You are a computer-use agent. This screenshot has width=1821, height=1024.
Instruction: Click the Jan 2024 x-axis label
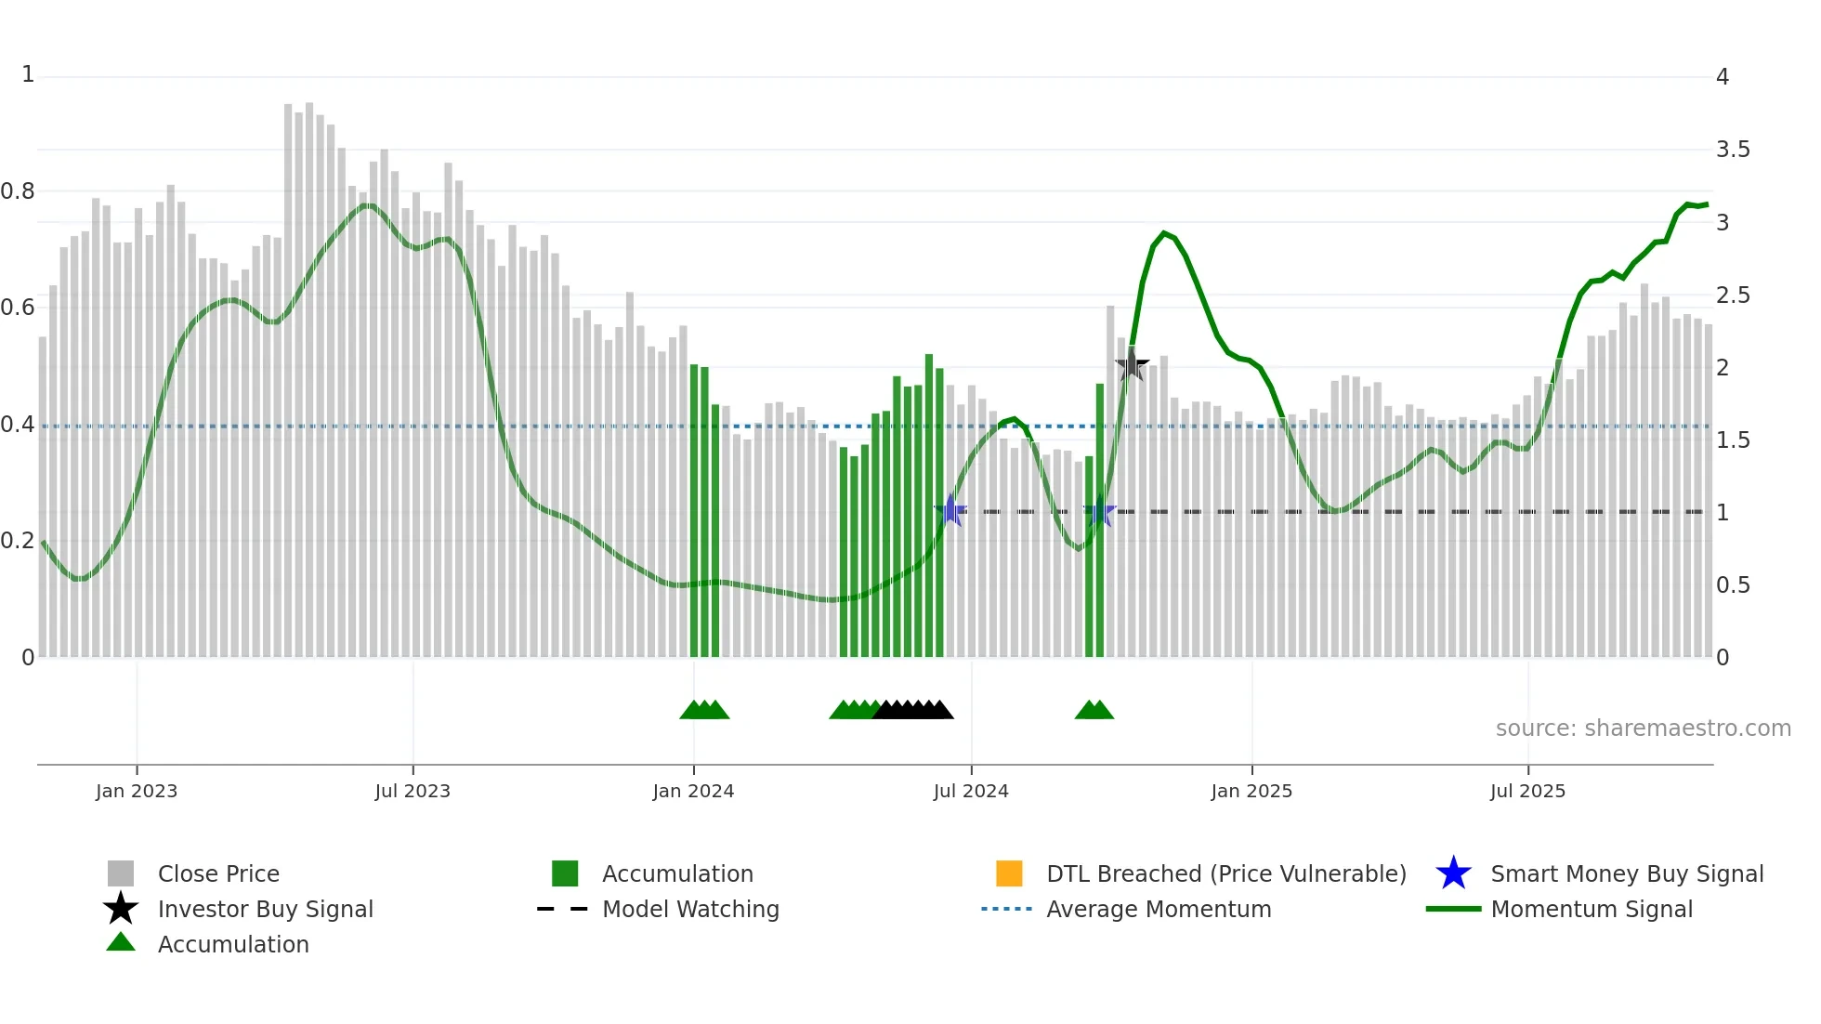click(693, 791)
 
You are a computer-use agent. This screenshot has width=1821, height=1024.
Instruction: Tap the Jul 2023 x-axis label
click(413, 791)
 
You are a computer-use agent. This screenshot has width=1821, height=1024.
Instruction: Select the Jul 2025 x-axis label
click(1527, 791)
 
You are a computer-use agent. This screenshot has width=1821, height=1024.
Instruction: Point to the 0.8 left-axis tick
click(18, 191)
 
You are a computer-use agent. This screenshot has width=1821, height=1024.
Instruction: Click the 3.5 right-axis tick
click(1733, 150)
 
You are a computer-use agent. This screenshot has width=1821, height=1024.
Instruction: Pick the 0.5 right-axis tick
click(1733, 585)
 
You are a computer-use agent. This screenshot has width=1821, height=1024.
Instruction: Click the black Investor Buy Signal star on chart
click(1132, 365)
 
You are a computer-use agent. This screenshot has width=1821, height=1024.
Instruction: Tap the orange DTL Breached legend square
click(1009, 873)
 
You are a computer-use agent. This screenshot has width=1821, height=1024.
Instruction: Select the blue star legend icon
click(1453, 873)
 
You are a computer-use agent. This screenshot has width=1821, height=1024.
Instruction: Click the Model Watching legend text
click(690, 909)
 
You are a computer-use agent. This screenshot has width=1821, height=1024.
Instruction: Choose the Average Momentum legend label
click(1159, 909)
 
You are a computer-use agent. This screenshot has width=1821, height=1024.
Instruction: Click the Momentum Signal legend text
click(1592, 909)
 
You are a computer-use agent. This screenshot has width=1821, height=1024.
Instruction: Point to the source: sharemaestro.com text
click(1643, 729)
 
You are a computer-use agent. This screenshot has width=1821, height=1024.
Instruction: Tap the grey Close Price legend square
click(121, 873)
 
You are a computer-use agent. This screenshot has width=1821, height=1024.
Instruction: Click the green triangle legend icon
click(121, 942)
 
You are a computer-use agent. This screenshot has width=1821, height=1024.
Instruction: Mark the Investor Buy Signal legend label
click(266, 909)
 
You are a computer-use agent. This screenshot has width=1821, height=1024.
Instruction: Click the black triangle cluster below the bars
click(913, 710)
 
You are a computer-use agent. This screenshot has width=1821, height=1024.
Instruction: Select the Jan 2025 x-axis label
click(1251, 791)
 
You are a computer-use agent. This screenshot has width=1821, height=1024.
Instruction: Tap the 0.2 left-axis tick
click(18, 541)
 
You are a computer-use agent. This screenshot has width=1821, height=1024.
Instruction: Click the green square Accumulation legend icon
click(565, 873)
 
